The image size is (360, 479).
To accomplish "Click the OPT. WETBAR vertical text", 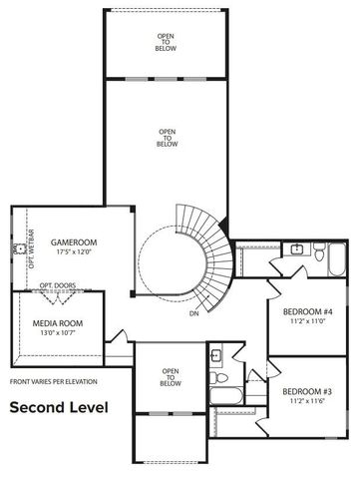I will tap(32, 249).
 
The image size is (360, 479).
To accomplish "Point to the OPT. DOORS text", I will tap(58, 284).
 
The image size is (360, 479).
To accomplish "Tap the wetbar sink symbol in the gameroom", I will tap(18, 247).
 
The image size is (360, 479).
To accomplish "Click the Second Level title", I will tap(59, 408).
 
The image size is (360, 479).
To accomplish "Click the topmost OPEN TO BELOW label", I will tap(165, 41).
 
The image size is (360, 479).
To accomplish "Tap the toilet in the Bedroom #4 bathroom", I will tap(316, 256).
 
